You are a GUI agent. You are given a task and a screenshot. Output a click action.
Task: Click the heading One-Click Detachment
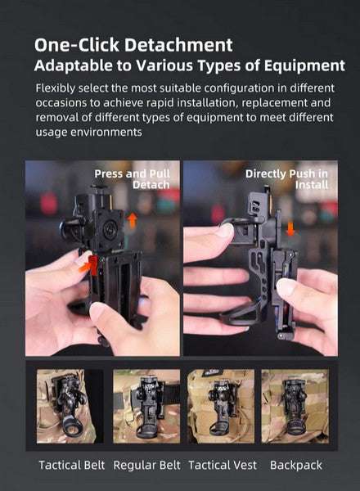pos(134,44)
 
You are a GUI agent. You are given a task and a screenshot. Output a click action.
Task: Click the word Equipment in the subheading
pos(302,65)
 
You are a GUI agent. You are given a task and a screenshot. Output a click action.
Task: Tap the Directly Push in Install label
pos(287,179)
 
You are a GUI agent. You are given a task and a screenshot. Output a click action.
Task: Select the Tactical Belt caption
pos(70,466)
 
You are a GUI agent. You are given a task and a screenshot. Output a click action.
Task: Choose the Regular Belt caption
pos(146,466)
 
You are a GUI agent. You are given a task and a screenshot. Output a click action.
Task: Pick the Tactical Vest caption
pos(223,466)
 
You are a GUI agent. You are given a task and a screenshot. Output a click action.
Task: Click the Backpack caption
pos(295,466)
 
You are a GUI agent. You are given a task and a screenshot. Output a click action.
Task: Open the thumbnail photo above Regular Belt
pos(146,406)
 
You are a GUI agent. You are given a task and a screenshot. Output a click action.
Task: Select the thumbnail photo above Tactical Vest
pos(222,406)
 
